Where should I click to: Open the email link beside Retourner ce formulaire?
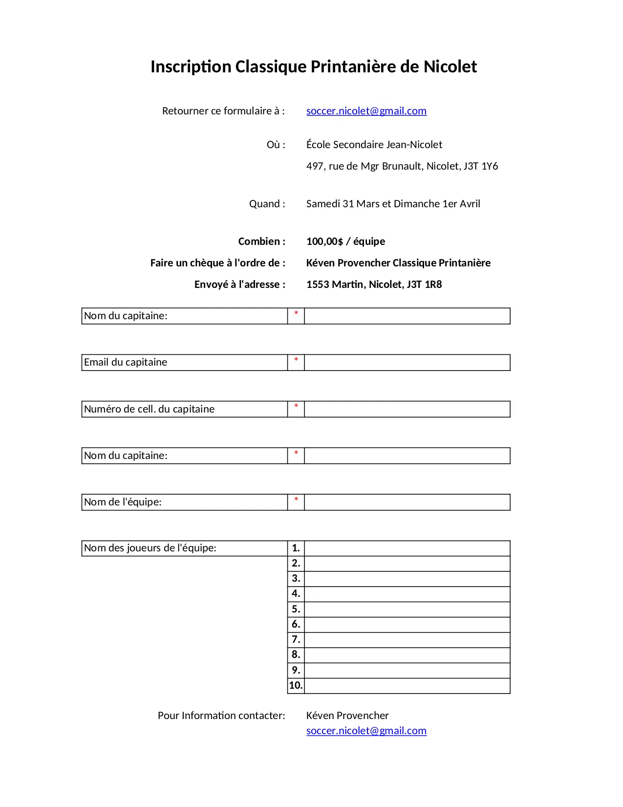click(x=366, y=111)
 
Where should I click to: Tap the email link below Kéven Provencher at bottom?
click(x=366, y=731)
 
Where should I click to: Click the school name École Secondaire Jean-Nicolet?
click(x=374, y=145)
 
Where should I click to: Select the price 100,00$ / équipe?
click(x=345, y=241)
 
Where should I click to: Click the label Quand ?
click(x=267, y=204)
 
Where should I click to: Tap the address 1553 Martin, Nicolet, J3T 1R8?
click(x=374, y=284)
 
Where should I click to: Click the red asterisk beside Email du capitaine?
click(x=296, y=360)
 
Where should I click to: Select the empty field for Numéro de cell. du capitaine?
click(x=407, y=409)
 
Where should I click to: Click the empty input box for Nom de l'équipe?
click(x=407, y=502)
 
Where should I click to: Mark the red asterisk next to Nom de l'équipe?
click(x=296, y=500)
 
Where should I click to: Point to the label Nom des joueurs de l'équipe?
click(x=150, y=548)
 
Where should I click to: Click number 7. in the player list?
click(x=296, y=639)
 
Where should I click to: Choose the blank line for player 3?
click(x=407, y=579)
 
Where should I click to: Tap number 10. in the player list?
click(x=296, y=685)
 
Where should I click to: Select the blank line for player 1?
click(x=407, y=548)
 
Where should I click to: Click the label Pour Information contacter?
click(x=221, y=716)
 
